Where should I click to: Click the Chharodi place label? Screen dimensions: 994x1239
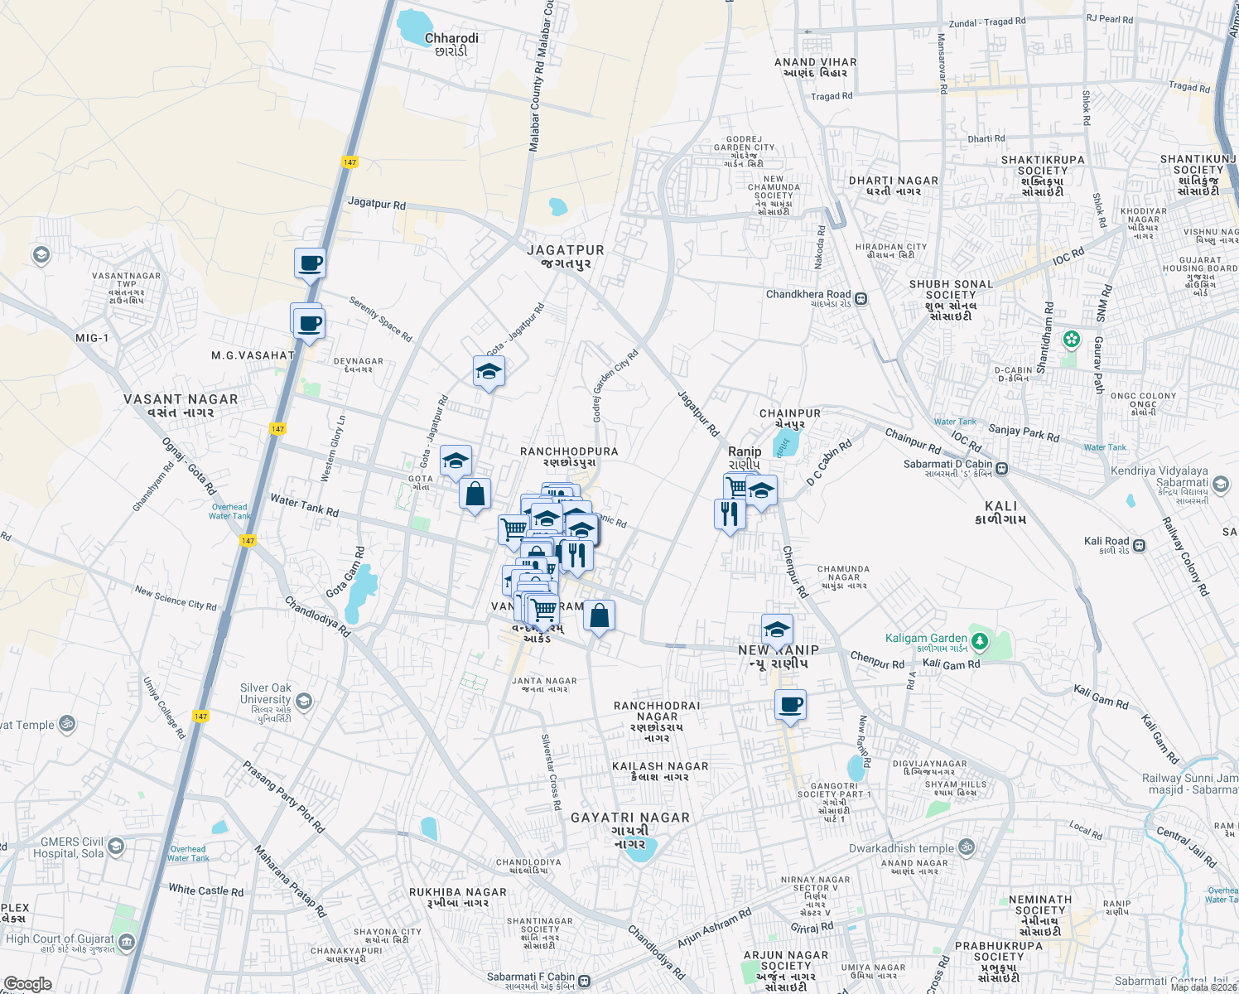point(451,38)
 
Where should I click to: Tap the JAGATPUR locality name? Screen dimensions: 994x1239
point(566,250)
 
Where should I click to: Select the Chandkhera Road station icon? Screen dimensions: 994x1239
point(861,299)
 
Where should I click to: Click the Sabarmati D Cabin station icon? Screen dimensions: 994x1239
point(1002,469)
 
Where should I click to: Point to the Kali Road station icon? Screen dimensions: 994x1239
point(1140,545)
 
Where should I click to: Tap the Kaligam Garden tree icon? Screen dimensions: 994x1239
point(980,641)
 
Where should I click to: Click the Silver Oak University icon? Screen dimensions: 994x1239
point(304,702)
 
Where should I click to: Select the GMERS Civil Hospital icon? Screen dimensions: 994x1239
point(116,846)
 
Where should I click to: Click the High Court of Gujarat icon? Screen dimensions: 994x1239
point(127,942)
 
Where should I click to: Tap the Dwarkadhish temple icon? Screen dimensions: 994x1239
point(966,847)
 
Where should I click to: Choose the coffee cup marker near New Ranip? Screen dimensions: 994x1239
point(790,705)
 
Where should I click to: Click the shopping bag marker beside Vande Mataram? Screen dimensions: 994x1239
point(599,616)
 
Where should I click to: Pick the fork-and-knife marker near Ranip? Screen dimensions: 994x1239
point(730,514)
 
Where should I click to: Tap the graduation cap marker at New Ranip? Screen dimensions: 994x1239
point(777,630)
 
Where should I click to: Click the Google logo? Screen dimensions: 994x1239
point(27,983)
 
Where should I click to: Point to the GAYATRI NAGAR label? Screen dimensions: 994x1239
point(630,818)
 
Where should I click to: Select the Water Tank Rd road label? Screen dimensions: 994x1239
point(304,505)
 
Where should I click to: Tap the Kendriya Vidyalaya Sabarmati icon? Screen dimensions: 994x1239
point(1221,484)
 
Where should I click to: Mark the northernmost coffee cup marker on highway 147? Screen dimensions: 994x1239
point(310,263)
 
